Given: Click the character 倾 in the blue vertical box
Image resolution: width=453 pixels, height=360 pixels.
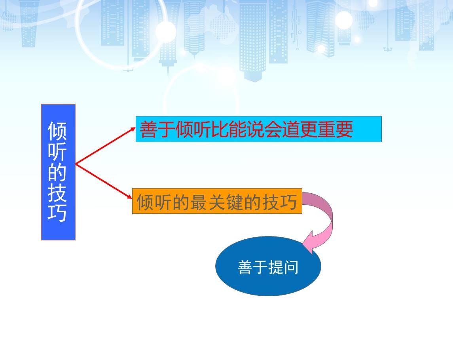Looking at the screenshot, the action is (x=57, y=131).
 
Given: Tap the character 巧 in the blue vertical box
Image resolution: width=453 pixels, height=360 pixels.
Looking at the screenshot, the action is (x=57, y=213).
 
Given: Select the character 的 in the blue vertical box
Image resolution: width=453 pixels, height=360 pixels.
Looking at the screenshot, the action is (x=57, y=172).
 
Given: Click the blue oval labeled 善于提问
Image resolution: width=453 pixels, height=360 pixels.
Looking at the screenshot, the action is (x=268, y=266).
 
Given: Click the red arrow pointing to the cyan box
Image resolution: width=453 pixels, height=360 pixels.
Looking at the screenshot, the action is (x=106, y=146).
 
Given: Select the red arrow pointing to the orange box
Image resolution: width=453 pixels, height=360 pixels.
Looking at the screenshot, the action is (x=104, y=181).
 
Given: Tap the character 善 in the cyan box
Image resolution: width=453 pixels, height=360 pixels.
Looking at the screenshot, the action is (x=149, y=129).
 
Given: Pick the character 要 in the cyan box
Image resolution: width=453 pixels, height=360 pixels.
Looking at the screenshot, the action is (x=344, y=129).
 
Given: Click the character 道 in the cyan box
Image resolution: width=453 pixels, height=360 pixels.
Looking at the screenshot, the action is (x=291, y=129).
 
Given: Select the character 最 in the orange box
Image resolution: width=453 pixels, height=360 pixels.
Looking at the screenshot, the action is (x=199, y=202).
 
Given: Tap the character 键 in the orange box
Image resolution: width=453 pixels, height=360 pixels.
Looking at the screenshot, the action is (x=235, y=202).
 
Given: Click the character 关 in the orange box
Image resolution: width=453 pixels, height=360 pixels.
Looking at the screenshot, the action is (x=217, y=202).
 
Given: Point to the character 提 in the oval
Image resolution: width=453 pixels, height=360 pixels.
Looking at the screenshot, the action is (x=276, y=267).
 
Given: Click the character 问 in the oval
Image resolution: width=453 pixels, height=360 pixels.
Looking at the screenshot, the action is (x=291, y=267).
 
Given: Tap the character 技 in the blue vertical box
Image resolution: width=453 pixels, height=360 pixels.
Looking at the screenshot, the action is (x=57, y=192).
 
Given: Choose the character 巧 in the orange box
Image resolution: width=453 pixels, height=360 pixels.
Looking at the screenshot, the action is (x=288, y=202).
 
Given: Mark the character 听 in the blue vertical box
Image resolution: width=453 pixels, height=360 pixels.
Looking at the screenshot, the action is (x=57, y=152).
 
